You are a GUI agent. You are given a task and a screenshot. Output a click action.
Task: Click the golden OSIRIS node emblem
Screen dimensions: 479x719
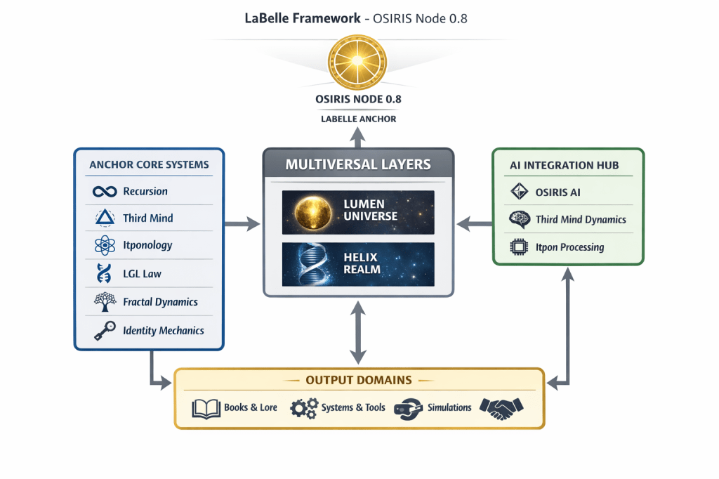[x=359, y=61]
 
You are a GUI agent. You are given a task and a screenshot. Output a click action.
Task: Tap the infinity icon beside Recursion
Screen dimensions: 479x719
[x=104, y=191]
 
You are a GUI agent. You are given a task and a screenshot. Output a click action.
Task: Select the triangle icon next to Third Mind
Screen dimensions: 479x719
[x=104, y=218]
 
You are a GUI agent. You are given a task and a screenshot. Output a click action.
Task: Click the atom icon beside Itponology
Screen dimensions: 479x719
[x=104, y=246]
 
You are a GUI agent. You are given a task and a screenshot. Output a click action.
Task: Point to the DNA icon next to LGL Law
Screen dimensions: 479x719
[x=104, y=274]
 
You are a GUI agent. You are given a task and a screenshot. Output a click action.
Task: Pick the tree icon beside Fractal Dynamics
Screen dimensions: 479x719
[x=104, y=302]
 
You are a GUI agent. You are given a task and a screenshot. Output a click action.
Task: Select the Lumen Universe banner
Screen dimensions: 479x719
[x=359, y=211]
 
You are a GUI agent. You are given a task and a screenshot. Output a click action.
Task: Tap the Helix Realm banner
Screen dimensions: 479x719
[x=359, y=264]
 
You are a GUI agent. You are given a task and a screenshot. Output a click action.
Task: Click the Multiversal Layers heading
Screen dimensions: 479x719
[x=359, y=165]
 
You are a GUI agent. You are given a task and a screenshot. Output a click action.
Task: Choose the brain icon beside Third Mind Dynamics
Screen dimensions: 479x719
[x=519, y=219]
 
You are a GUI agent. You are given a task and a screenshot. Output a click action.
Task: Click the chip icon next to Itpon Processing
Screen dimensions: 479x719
[x=519, y=247]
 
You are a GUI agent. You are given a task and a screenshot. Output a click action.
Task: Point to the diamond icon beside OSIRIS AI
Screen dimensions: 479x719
[x=519, y=192]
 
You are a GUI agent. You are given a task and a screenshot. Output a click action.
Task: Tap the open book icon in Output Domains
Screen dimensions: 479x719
[x=206, y=408]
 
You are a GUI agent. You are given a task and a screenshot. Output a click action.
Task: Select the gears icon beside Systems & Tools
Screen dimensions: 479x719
[x=303, y=408]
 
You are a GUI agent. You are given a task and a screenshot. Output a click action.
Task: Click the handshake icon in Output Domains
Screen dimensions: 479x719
[x=501, y=407]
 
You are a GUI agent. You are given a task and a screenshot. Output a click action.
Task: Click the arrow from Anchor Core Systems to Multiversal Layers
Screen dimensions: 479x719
[x=242, y=225]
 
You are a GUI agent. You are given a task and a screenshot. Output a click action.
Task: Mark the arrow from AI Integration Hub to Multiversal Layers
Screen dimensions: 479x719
[x=474, y=225]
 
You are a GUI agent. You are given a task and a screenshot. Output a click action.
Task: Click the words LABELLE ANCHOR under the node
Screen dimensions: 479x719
[x=359, y=119]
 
